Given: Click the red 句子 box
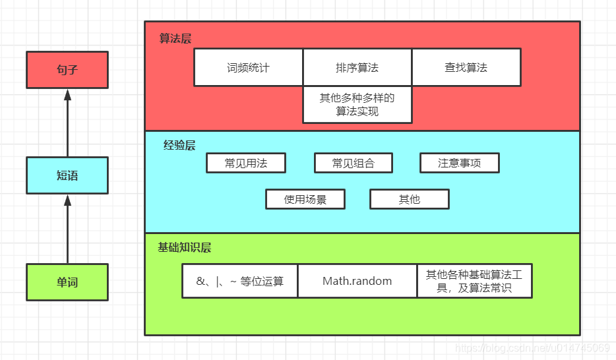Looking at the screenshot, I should click(67, 69).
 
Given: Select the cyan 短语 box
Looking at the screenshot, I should click(67, 175).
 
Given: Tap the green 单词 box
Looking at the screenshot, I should click(67, 282).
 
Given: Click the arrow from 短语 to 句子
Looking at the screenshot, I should click(67, 123).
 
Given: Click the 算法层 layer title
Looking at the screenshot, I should click(175, 38).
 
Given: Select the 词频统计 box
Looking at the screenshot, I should click(248, 67).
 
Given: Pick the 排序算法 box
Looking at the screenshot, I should click(357, 67).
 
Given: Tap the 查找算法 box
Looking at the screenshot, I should click(466, 67).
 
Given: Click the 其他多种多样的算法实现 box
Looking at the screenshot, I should click(357, 105).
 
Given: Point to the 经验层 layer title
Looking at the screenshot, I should click(179, 145).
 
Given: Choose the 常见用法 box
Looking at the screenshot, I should click(245, 163).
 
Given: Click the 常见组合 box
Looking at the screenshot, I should click(353, 163).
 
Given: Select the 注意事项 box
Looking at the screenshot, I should click(459, 163).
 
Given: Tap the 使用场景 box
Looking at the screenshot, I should click(305, 199).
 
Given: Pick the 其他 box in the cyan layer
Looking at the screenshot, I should click(409, 199).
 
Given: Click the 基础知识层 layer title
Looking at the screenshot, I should click(185, 248).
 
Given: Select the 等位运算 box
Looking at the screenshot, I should click(240, 281).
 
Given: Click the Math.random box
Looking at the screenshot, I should click(357, 281).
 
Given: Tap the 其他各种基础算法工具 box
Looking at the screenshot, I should click(474, 281).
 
